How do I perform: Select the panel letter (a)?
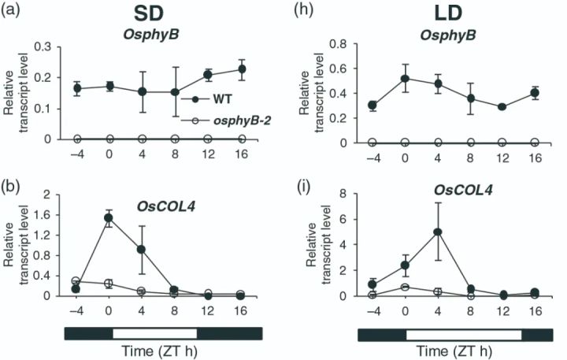coord(12,11)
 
